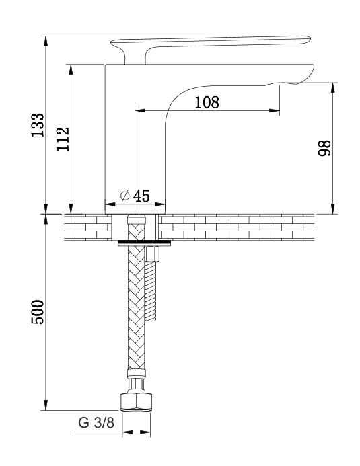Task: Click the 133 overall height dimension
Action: [x=38, y=125]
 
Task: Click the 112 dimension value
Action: [x=63, y=139]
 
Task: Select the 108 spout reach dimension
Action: [x=207, y=102]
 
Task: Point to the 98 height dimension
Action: [x=324, y=148]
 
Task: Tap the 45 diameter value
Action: [x=141, y=196]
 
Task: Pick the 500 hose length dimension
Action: [x=38, y=312]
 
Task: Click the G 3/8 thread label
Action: [x=96, y=422]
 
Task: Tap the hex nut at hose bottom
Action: [x=137, y=402]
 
